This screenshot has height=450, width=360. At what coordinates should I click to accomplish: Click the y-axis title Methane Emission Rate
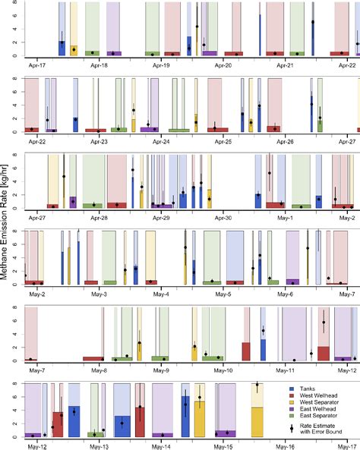(x=7, y=225)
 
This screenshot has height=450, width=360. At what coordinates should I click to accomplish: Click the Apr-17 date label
(x=36, y=66)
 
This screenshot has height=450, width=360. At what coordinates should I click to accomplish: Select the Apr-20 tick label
(x=224, y=66)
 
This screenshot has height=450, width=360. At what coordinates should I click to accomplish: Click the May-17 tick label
(x=347, y=446)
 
